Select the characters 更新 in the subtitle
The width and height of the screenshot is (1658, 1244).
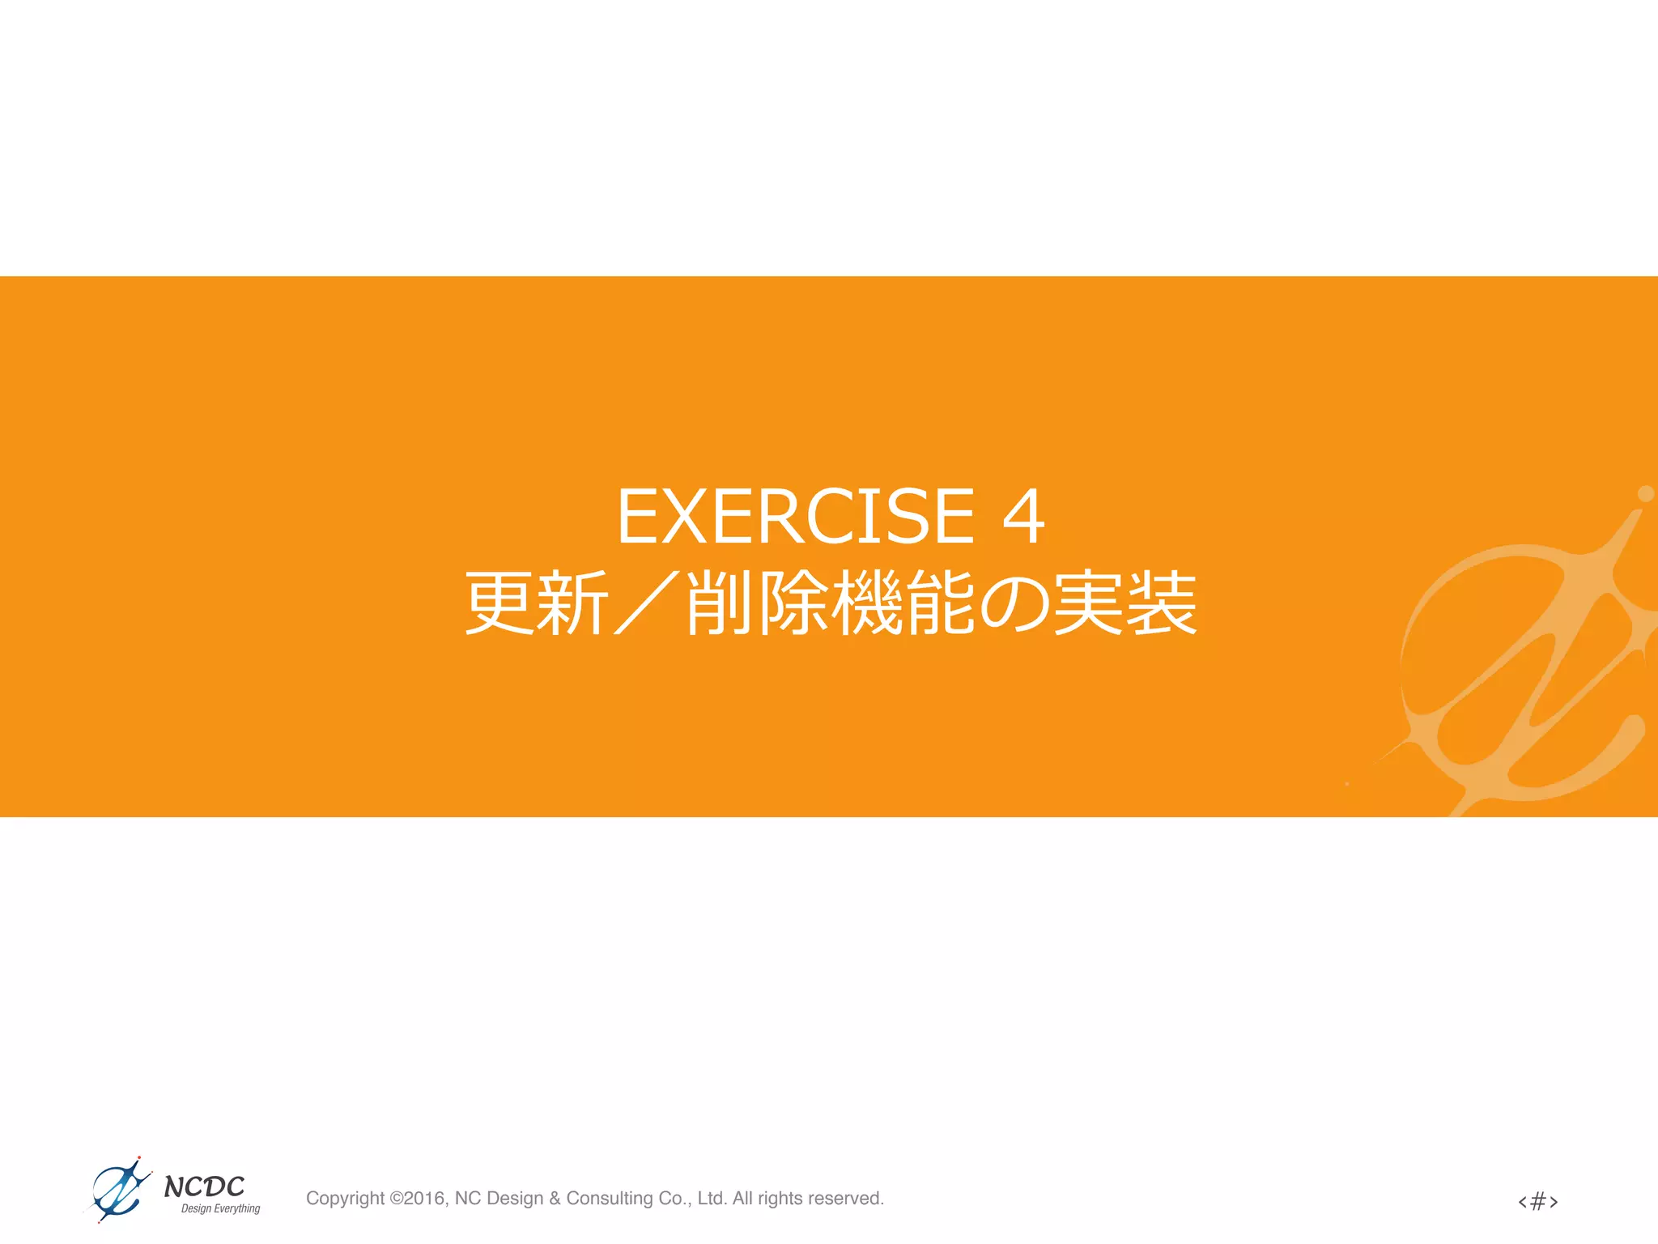point(536,603)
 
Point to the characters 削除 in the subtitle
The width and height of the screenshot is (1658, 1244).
point(757,603)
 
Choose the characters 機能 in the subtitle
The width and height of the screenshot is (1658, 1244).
point(903,603)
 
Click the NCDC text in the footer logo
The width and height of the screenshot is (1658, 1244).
point(204,1186)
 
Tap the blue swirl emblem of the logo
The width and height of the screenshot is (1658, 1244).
point(119,1190)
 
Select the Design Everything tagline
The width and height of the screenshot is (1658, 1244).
point(220,1209)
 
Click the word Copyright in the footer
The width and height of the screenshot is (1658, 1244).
point(345,1199)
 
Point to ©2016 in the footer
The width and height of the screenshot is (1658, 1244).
point(419,1199)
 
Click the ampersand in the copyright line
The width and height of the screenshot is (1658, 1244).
point(555,1199)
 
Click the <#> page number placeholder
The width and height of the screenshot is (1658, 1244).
point(1537,1200)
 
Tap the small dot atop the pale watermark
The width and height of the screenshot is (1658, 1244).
point(1646,493)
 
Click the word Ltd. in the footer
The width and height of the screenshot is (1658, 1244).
point(712,1199)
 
